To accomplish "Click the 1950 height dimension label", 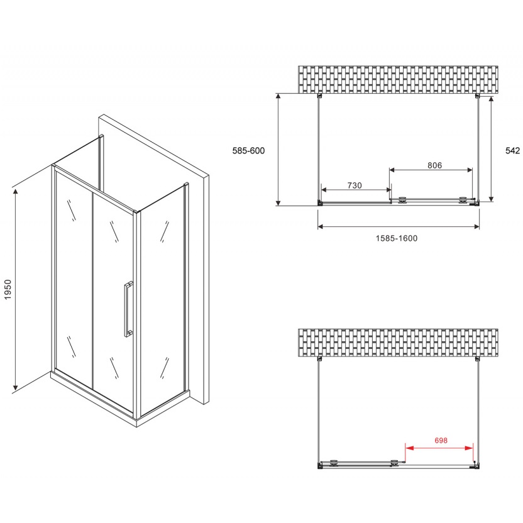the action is (8, 290).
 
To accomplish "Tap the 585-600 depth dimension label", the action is (248, 151).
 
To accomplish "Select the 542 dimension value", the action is (512, 151).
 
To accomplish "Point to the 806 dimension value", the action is (434, 165).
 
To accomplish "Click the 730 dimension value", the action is (355, 185).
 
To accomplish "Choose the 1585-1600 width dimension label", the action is (397, 238).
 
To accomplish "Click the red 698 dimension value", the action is (441, 441).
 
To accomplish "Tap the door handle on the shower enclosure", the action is (128, 309).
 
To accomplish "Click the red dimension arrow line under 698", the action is (439, 448).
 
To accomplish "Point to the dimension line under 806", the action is (431, 170).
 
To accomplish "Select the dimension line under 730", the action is (356, 190).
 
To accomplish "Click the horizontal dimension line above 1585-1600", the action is (399, 227).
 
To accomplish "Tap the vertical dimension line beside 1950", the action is (15, 289).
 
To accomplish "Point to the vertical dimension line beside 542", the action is (491, 149).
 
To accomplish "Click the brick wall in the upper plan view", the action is (398, 79).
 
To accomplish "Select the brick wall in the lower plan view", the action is (398, 343).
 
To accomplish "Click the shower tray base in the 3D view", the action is (121, 400).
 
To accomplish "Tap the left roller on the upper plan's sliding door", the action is (403, 199).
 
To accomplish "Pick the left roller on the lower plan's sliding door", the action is (333, 462).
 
